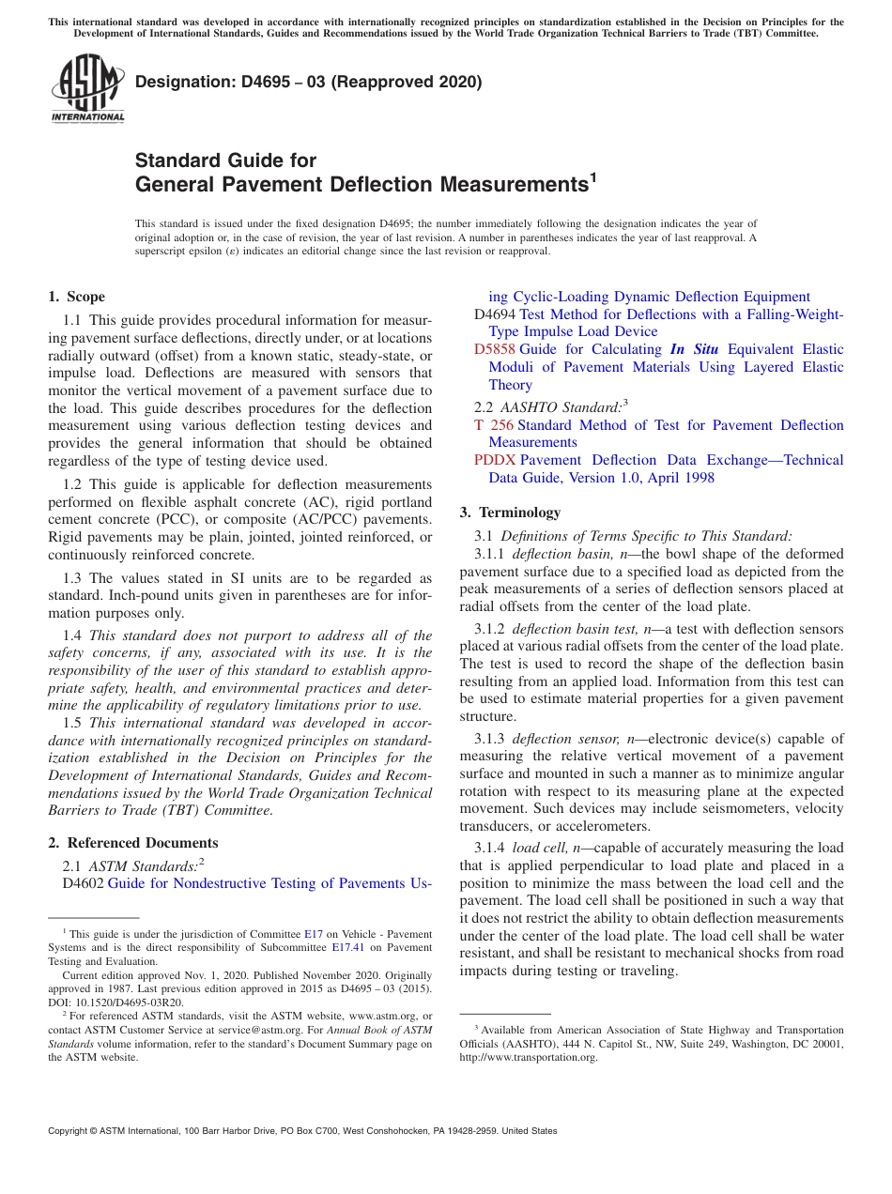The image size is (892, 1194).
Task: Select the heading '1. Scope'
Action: (77, 297)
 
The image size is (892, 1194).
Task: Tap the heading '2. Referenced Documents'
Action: (133, 843)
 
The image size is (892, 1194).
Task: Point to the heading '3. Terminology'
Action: (510, 513)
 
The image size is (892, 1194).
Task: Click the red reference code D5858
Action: (494, 349)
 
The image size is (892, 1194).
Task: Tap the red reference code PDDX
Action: (495, 460)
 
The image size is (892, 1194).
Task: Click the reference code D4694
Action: (495, 314)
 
